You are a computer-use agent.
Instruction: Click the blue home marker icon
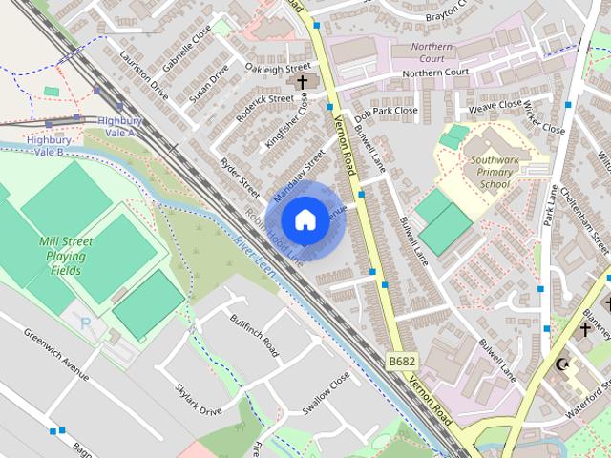coord(305,220)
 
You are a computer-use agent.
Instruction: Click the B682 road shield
coord(402,361)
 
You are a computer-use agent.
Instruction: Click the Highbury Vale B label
coord(45,146)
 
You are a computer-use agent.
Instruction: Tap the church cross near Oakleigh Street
coord(303,83)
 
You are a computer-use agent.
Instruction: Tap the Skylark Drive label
coord(199,398)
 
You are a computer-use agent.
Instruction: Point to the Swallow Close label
coord(327,392)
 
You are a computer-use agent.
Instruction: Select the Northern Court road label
coord(434,73)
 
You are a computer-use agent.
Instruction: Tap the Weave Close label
coord(495,106)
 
